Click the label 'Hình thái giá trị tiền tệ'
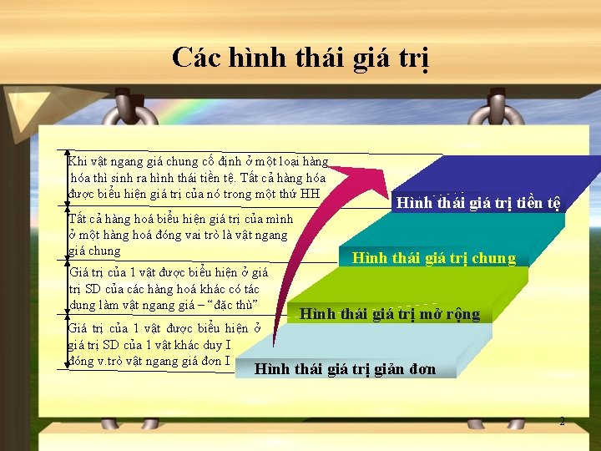click(x=478, y=203)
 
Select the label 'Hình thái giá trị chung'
click(x=434, y=258)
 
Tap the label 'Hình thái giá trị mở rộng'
click(x=390, y=314)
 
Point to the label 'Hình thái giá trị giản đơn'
click(x=345, y=369)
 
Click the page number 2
click(x=562, y=421)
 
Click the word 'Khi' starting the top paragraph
click(x=77, y=161)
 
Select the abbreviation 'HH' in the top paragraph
click(x=310, y=195)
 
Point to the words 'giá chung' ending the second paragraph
click(x=94, y=251)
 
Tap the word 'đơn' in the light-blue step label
click(x=420, y=369)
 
